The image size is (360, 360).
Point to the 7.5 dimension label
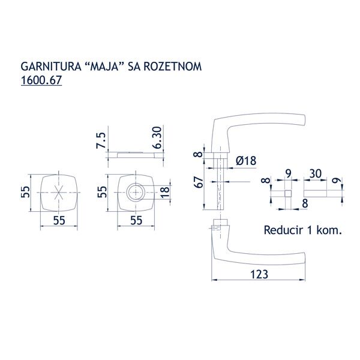tap(101, 140)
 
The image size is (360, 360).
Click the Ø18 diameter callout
tap(246, 160)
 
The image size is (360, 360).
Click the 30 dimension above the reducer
tap(316, 173)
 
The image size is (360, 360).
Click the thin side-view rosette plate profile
tap(134, 154)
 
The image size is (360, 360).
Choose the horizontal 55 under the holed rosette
tap(136, 220)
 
